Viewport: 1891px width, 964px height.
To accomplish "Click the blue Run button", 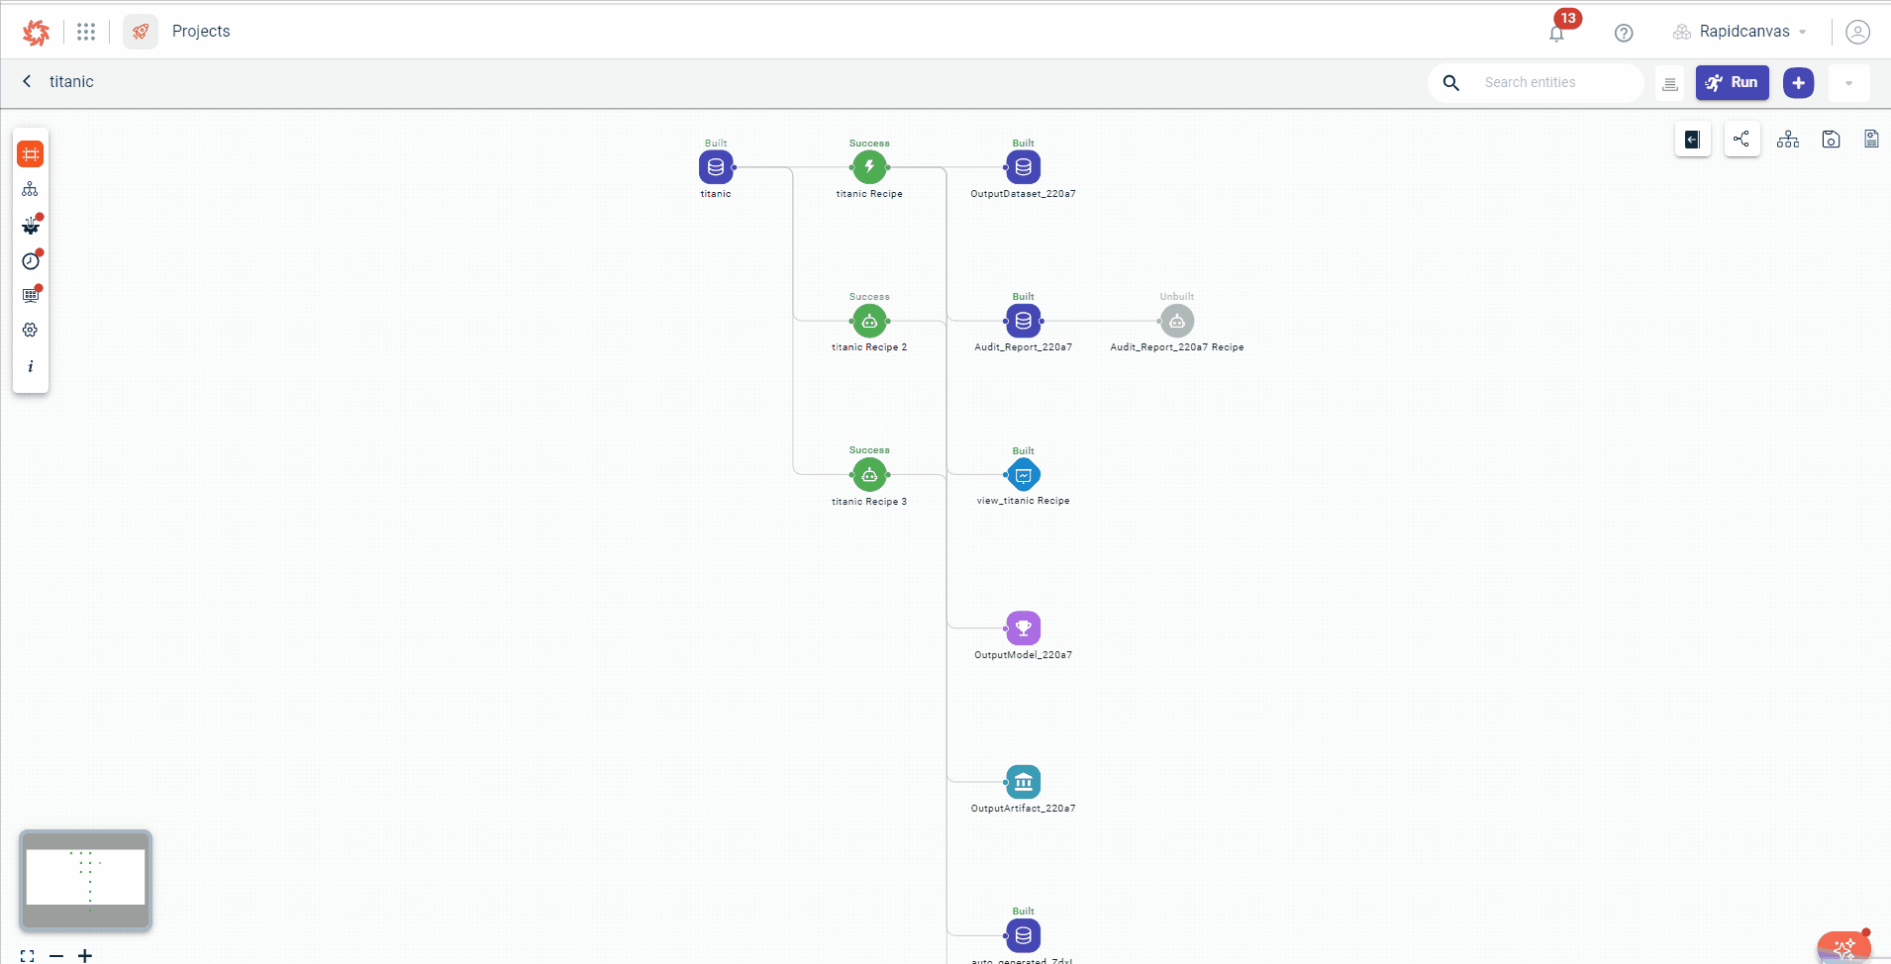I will click(1732, 83).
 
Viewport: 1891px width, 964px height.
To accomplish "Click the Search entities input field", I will click(1554, 83).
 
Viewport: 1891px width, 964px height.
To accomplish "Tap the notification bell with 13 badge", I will click(1556, 34).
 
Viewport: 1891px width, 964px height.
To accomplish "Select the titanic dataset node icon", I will click(716, 167).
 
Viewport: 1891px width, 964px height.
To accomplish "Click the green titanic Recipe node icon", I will click(869, 167).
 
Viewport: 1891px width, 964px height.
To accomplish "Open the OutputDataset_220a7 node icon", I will click(1023, 167).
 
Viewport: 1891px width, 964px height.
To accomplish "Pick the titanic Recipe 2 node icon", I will click(869, 321).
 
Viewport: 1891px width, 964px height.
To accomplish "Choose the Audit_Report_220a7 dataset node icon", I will click(1023, 321).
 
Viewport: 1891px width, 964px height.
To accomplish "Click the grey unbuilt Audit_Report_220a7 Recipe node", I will click(1176, 321).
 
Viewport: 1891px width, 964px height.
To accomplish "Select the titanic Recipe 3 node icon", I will click(869, 475).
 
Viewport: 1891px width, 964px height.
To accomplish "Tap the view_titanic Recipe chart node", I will click(1023, 475).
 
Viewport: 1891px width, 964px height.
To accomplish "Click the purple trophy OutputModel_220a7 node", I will click(1023, 628).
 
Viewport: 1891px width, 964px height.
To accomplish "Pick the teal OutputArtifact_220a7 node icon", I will click(1023, 782).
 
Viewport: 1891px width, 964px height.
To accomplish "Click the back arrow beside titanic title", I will click(27, 81).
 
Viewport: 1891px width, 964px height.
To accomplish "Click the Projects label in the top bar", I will click(201, 32).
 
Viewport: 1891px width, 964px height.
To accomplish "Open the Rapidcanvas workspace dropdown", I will click(1743, 32).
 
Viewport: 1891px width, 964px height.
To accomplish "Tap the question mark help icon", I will click(1624, 33).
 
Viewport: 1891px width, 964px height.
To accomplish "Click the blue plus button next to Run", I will click(1798, 83).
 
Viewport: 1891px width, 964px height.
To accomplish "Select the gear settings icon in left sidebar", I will click(31, 330).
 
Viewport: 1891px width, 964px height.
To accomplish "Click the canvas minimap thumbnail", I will click(86, 880).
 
